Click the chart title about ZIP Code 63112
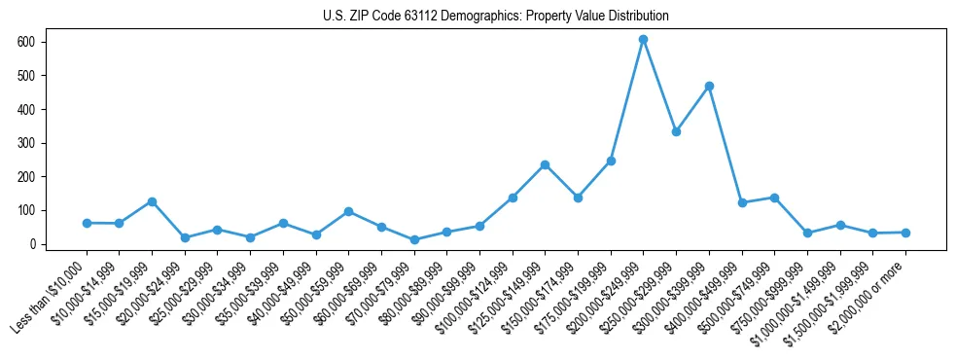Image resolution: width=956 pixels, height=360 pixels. (496, 17)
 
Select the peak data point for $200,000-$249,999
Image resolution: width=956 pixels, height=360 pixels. (643, 40)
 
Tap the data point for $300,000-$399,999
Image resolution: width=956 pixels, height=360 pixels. (709, 87)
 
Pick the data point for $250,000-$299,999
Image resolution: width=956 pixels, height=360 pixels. (676, 131)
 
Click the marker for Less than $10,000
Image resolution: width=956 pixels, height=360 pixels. (87, 223)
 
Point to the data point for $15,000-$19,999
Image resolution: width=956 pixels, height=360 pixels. (152, 201)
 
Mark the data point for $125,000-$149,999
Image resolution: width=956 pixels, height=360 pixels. (545, 164)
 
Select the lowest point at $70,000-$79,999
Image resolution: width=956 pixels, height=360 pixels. (414, 239)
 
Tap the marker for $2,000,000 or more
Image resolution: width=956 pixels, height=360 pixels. (905, 233)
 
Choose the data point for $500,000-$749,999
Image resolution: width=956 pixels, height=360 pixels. (774, 198)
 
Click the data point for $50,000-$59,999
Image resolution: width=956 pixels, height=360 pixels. (348, 211)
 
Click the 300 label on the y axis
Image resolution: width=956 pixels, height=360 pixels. (29, 143)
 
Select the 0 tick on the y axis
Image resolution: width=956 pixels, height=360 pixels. (35, 244)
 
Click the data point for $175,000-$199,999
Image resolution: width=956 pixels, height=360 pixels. (611, 161)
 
